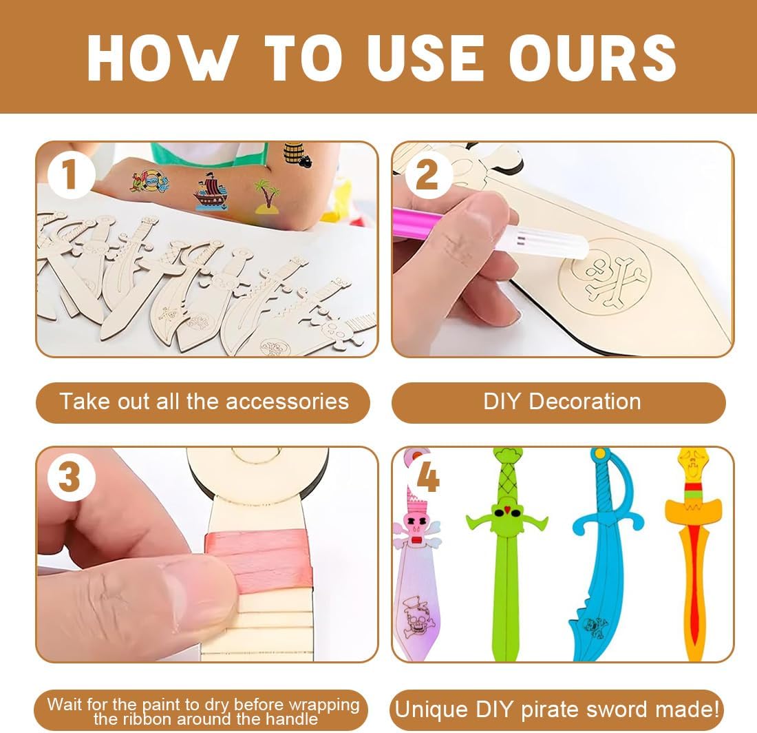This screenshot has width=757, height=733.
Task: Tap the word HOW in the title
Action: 162,57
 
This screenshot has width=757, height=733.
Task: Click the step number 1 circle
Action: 70,174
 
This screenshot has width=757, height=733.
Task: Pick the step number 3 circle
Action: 70,477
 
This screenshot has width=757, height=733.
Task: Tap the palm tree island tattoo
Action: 267,196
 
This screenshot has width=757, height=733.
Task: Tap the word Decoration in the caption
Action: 585,402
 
